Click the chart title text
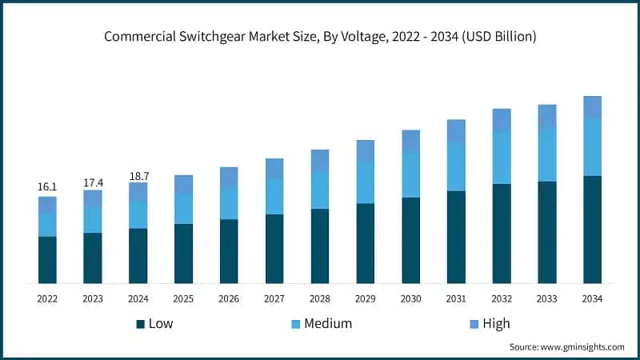320,38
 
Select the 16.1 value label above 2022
47,187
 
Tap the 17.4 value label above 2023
93,182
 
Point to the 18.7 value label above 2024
138,175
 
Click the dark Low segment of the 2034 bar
592,230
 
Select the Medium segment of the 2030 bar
410,174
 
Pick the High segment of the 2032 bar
502,120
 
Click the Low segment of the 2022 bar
47,260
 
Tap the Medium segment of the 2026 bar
229,202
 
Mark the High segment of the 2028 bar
320,160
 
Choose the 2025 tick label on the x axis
183,298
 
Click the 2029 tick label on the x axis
365,298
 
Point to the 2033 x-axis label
547,298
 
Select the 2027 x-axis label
274,298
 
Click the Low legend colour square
141,324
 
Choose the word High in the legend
496,324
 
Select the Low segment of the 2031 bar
456,237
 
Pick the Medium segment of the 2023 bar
93,220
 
